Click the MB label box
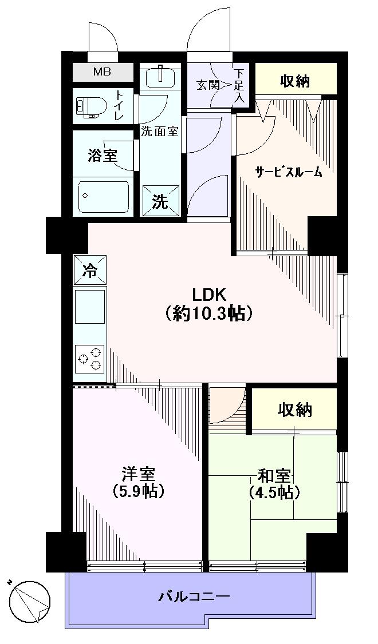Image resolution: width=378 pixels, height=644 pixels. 103,73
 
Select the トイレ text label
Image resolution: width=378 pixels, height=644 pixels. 119,106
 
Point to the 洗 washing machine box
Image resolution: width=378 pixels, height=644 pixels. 160,201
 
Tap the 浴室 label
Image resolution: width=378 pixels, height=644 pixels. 103,154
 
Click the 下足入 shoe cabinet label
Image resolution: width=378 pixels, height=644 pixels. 239,86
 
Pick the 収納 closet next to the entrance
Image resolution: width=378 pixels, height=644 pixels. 294,81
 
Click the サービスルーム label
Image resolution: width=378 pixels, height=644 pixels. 288,172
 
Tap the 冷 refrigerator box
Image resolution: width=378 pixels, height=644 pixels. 90,270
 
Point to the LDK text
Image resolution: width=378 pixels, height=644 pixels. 209,295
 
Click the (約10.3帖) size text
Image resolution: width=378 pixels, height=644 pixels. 209,313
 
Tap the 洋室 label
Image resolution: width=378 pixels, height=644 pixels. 138,474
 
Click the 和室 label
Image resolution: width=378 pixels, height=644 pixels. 274,475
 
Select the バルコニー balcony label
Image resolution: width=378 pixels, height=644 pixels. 194,597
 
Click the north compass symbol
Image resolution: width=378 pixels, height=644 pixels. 30,601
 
